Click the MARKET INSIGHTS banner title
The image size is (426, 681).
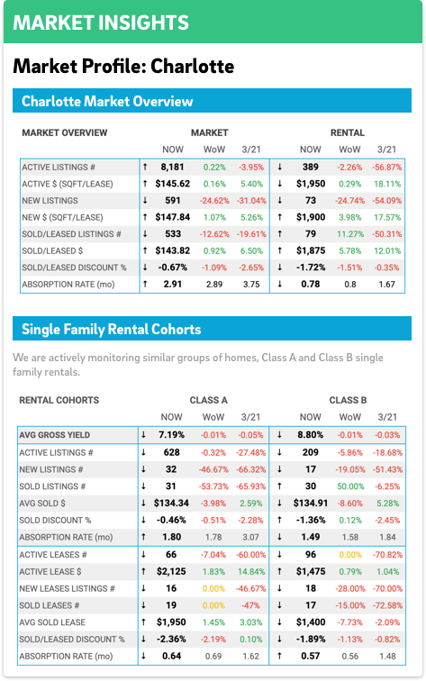pos(101,23)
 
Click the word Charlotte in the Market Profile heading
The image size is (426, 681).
pos(193,66)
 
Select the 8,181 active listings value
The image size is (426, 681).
pos(172,167)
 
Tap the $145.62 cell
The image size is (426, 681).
pos(172,184)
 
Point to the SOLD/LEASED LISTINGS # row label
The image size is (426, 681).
pos(71,234)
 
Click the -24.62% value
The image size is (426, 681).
pos(214,201)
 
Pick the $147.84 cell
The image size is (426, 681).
pos(172,217)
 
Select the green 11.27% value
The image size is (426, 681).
pos(350,234)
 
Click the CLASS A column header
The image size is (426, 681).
pos(208,400)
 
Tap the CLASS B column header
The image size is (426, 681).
pos(348,400)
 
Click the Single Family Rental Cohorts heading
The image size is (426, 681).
pos(111,329)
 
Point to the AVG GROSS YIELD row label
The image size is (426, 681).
pos(54,435)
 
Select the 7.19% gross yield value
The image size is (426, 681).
pos(171,435)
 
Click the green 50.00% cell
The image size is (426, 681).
pos(350,486)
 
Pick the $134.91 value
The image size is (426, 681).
pos(310,504)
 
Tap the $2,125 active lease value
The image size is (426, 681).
pos(171,571)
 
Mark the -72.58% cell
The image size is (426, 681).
pos(387,605)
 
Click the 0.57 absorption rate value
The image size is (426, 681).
pos(310,656)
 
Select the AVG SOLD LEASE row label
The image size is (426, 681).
pos(52,622)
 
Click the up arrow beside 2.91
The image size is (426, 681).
pos(145,285)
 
